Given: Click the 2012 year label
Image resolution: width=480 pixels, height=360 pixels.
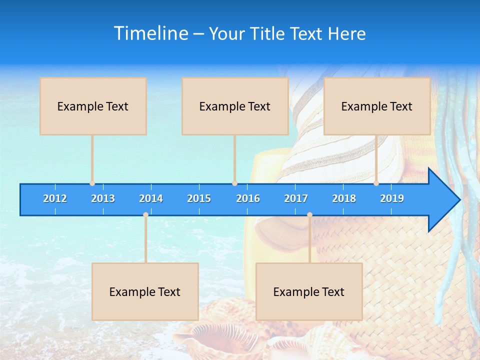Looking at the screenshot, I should click(55, 198).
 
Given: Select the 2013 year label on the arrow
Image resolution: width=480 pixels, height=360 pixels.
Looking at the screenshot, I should click(103, 198).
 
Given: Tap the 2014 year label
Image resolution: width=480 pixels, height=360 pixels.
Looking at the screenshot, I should click(151, 198).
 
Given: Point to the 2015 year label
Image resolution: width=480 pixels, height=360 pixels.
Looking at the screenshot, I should click(199, 198).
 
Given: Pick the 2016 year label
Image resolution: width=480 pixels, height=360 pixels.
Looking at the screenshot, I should click(248, 198).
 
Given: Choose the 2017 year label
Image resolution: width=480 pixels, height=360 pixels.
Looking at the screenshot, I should click(296, 198).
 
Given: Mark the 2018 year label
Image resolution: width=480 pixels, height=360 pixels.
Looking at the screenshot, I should click(344, 198).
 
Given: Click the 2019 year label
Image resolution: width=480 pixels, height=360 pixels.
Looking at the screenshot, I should click(392, 198).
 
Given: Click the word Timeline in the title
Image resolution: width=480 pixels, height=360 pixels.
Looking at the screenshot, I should click(151, 33).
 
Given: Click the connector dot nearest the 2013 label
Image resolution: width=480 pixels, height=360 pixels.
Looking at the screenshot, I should click(92, 183).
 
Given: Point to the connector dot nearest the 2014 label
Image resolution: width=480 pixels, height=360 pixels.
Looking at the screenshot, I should click(145, 215).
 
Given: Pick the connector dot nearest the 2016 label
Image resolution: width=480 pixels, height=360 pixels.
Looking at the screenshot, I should click(234, 183).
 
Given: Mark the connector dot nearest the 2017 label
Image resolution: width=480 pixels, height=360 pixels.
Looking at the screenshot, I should click(309, 215).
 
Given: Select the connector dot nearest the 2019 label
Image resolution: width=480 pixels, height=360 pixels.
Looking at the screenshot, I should click(376, 183).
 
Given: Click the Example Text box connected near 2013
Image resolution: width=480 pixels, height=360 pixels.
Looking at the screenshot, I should click(93, 106).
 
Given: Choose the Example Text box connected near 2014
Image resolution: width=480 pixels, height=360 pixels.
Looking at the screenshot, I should click(145, 291).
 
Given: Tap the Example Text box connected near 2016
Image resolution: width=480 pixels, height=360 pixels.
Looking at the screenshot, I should click(235, 106).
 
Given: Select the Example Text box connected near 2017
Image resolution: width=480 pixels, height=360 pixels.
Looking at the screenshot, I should click(309, 291).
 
